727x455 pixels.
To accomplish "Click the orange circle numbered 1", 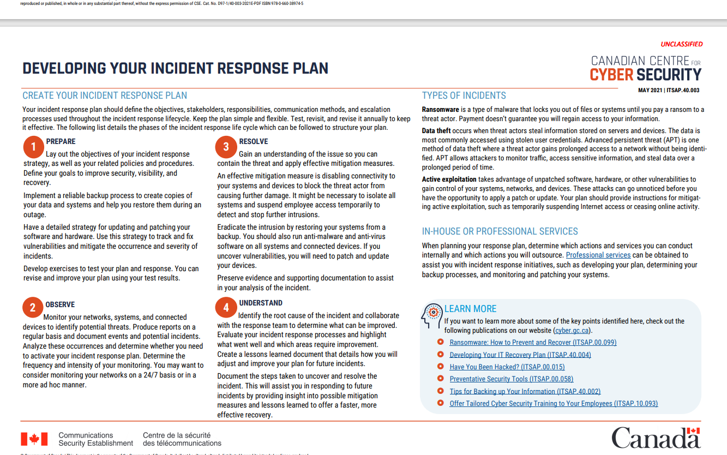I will tap(33, 146).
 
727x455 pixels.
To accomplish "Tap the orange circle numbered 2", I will tap(33, 308).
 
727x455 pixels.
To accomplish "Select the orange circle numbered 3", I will tap(226, 146).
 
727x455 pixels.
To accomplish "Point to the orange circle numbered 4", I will tap(226, 308).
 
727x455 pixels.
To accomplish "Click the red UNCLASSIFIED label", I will tap(681, 44).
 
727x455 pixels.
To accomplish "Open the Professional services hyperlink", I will tap(598, 255).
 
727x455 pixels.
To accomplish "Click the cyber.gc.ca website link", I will tap(572, 331).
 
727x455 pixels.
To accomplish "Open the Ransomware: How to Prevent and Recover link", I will tap(532, 343).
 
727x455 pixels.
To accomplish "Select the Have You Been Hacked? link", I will tap(507, 367).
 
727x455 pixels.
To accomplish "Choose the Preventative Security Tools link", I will tap(511, 379).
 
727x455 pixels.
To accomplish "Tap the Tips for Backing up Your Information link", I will tap(525, 391).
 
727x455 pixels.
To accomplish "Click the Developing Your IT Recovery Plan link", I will tap(520, 355).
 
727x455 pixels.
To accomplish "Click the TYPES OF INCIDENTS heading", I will tap(464, 95).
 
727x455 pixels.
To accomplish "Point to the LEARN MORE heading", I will tap(470, 309).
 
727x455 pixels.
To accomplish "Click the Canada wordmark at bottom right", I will tap(655, 438).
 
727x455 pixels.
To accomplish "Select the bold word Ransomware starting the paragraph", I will tap(440, 110).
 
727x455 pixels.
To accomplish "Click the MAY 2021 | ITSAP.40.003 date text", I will tap(669, 91).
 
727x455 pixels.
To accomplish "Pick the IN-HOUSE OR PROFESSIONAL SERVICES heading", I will tap(500, 231).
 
